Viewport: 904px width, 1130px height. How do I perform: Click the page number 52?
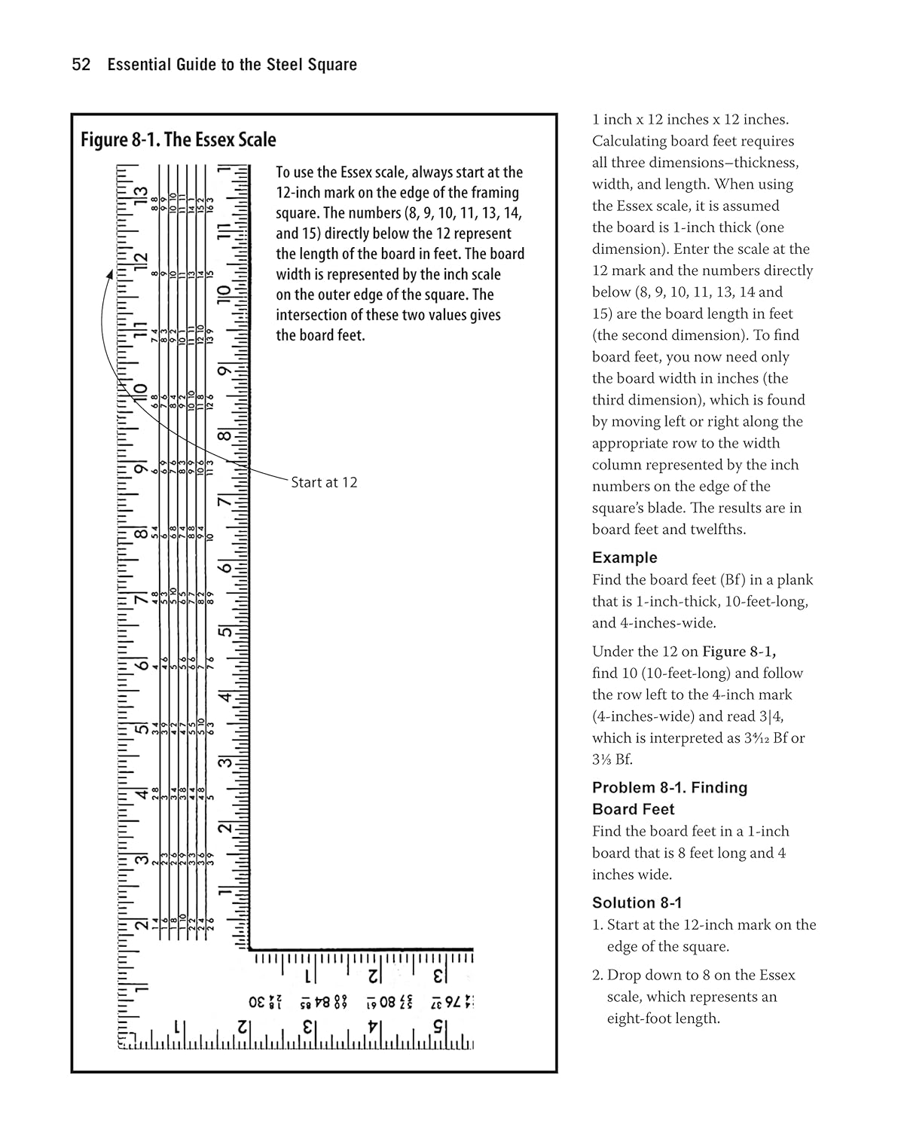(81, 65)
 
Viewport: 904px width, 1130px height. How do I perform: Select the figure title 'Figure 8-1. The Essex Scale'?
(179, 140)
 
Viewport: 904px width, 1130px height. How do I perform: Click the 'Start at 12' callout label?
(324, 482)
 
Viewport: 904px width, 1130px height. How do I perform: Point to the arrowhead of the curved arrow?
(110, 275)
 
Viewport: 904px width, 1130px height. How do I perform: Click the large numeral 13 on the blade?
(139, 194)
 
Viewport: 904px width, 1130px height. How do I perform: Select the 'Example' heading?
(625, 557)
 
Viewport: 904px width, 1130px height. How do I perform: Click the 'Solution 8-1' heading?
(637, 902)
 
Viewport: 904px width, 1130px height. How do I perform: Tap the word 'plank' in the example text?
(796, 579)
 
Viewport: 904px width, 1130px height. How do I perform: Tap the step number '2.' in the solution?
(597, 975)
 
